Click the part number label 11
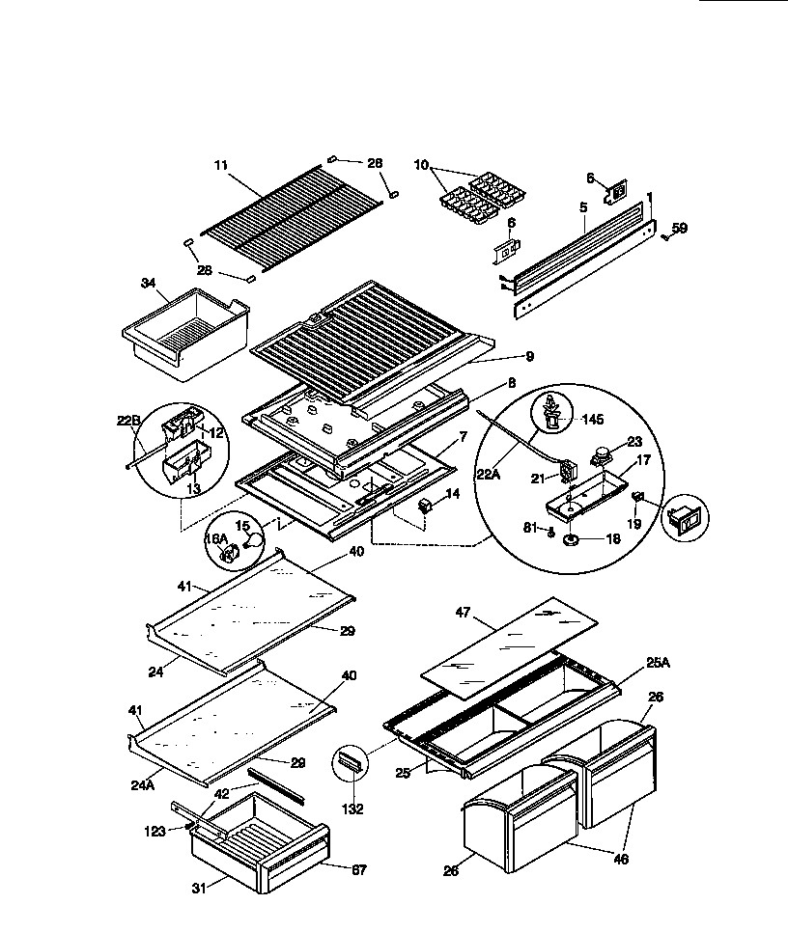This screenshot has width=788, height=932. click(x=220, y=166)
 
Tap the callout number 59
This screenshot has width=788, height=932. click(x=680, y=229)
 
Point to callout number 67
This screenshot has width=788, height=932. click(x=357, y=869)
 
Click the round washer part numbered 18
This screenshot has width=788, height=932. click(x=572, y=539)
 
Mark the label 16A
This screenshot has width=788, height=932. click(x=218, y=539)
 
